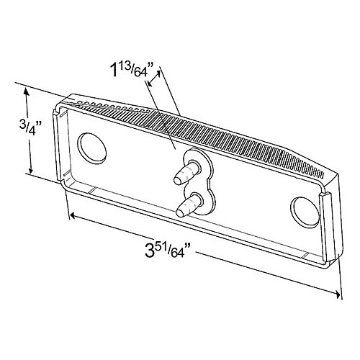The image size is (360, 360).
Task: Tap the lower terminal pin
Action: (x=185, y=207)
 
